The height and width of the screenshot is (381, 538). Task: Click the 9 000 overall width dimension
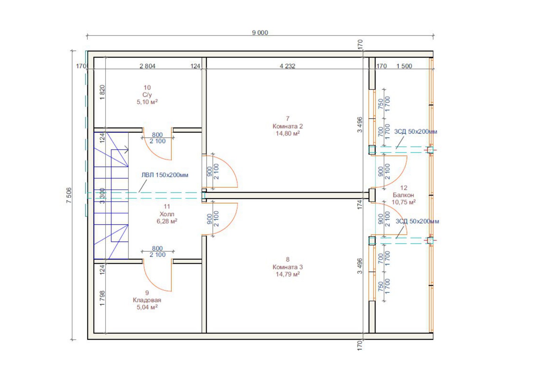point(260,33)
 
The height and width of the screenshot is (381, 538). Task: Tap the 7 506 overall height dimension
point(69,195)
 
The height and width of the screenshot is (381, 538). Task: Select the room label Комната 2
point(287,126)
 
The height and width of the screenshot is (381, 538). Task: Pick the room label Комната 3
point(287,267)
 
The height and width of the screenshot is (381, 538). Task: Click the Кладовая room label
point(147,300)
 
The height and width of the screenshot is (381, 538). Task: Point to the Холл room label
point(167,214)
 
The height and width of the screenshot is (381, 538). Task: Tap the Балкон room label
point(403,195)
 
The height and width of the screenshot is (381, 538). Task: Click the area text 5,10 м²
point(147,102)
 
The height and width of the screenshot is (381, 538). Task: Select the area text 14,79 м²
point(287,274)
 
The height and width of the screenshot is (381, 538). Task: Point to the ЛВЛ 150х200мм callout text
point(165,175)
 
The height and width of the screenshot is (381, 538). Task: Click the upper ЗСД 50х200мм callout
point(416,132)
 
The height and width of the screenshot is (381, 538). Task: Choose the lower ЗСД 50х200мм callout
point(417,221)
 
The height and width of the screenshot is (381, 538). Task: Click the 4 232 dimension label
point(287,66)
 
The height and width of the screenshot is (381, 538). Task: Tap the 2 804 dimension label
point(148,66)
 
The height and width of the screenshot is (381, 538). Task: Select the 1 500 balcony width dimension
point(404,66)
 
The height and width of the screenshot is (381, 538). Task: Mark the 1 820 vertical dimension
point(102,93)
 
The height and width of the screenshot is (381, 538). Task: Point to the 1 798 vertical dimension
point(102,298)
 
